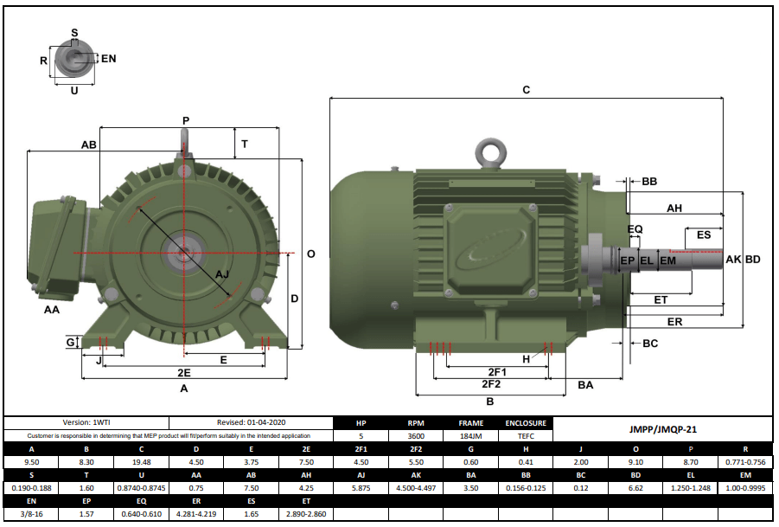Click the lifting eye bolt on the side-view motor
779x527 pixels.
click(x=492, y=153)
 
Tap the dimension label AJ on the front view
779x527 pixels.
click(x=221, y=274)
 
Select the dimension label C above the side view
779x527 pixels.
click(x=526, y=90)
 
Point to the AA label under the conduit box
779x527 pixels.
click(x=52, y=309)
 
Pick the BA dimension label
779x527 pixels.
click(x=585, y=385)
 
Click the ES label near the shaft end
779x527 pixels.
click(x=703, y=235)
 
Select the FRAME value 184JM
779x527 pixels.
click(x=471, y=436)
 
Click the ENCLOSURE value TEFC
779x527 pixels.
click(x=525, y=436)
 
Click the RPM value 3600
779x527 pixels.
click(x=416, y=436)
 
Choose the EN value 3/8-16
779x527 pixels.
click(x=32, y=514)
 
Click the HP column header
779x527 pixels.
click(x=361, y=423)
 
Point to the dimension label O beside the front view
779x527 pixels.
click(x=310, y=254)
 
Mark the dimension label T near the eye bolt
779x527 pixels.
click(x=245, y=145)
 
